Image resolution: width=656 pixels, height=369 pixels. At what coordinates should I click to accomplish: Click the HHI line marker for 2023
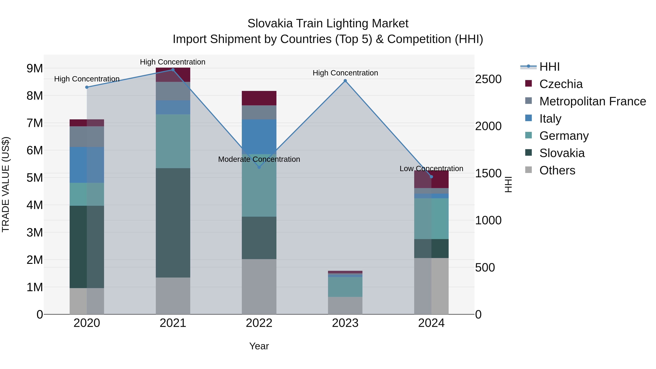[345, 81]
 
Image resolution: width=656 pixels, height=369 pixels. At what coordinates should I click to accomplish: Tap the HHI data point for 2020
[87, 87]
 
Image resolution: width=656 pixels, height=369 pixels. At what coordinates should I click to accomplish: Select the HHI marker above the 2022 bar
[259, 167]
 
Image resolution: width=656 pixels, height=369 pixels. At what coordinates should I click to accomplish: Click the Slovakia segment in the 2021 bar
[173, 223]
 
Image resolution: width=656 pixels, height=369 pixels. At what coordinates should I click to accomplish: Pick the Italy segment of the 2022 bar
[259, 137]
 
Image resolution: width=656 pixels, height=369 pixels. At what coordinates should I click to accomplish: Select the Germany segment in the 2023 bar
[345, 287]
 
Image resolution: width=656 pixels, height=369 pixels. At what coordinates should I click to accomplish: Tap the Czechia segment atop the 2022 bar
[259, 98]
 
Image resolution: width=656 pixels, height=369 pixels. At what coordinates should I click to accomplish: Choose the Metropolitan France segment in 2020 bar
[87, 136]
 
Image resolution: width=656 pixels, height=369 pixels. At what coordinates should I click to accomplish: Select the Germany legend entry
[564, 136]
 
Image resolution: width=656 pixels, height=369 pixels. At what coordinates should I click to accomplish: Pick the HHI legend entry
[549, 67]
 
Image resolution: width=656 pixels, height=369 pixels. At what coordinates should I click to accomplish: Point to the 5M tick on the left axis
[35, 178]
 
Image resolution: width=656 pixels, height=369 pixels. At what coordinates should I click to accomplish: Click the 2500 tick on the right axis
[488, 79]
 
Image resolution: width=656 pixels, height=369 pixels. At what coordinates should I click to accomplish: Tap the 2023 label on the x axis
[345, 323]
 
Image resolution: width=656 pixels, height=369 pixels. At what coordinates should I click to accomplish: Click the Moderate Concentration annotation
[259, 159]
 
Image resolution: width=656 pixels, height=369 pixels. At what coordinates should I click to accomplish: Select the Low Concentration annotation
[431, 169]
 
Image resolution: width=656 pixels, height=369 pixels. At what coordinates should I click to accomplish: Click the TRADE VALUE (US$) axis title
[6, 184]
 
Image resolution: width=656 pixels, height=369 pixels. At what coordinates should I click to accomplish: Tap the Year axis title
[259, 346]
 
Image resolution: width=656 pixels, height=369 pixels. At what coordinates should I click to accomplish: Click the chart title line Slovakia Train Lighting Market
[328, 24]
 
